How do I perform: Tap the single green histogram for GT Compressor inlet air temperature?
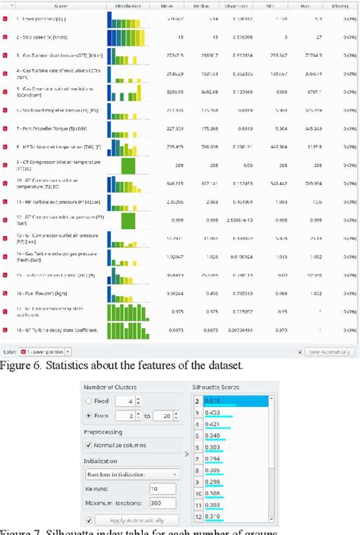(129, 165)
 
